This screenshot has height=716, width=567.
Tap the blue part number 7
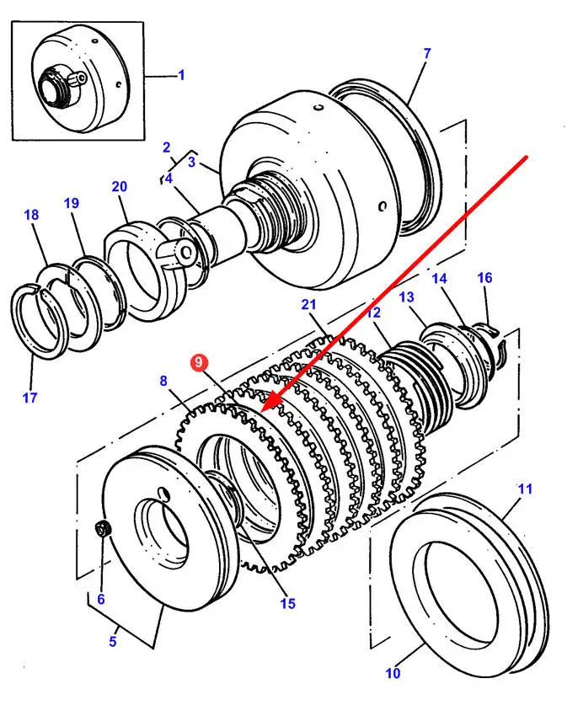(426, 54)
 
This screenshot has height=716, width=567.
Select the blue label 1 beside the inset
(180, 75)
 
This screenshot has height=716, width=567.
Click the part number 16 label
(484, 278)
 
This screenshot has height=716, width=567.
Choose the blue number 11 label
(525, 489)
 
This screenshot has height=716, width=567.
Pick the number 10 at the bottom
(393, 672)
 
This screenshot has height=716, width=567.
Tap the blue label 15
(288, 603)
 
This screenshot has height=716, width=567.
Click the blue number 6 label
(101, 600)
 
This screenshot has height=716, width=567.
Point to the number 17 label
(30, 397)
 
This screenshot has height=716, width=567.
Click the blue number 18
(31, 216)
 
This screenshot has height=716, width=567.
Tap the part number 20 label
(119, 187)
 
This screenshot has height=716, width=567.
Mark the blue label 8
(164, 381)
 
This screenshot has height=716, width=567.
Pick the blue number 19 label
(71, 203)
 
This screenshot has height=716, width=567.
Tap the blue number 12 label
(373, 313)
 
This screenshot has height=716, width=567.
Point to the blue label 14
(439, 279)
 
